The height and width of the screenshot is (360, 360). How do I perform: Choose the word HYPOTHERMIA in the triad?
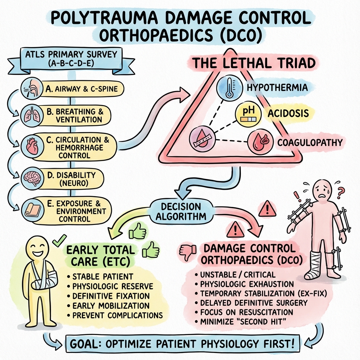[277, 87]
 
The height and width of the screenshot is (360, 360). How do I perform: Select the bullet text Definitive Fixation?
[111, 296]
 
